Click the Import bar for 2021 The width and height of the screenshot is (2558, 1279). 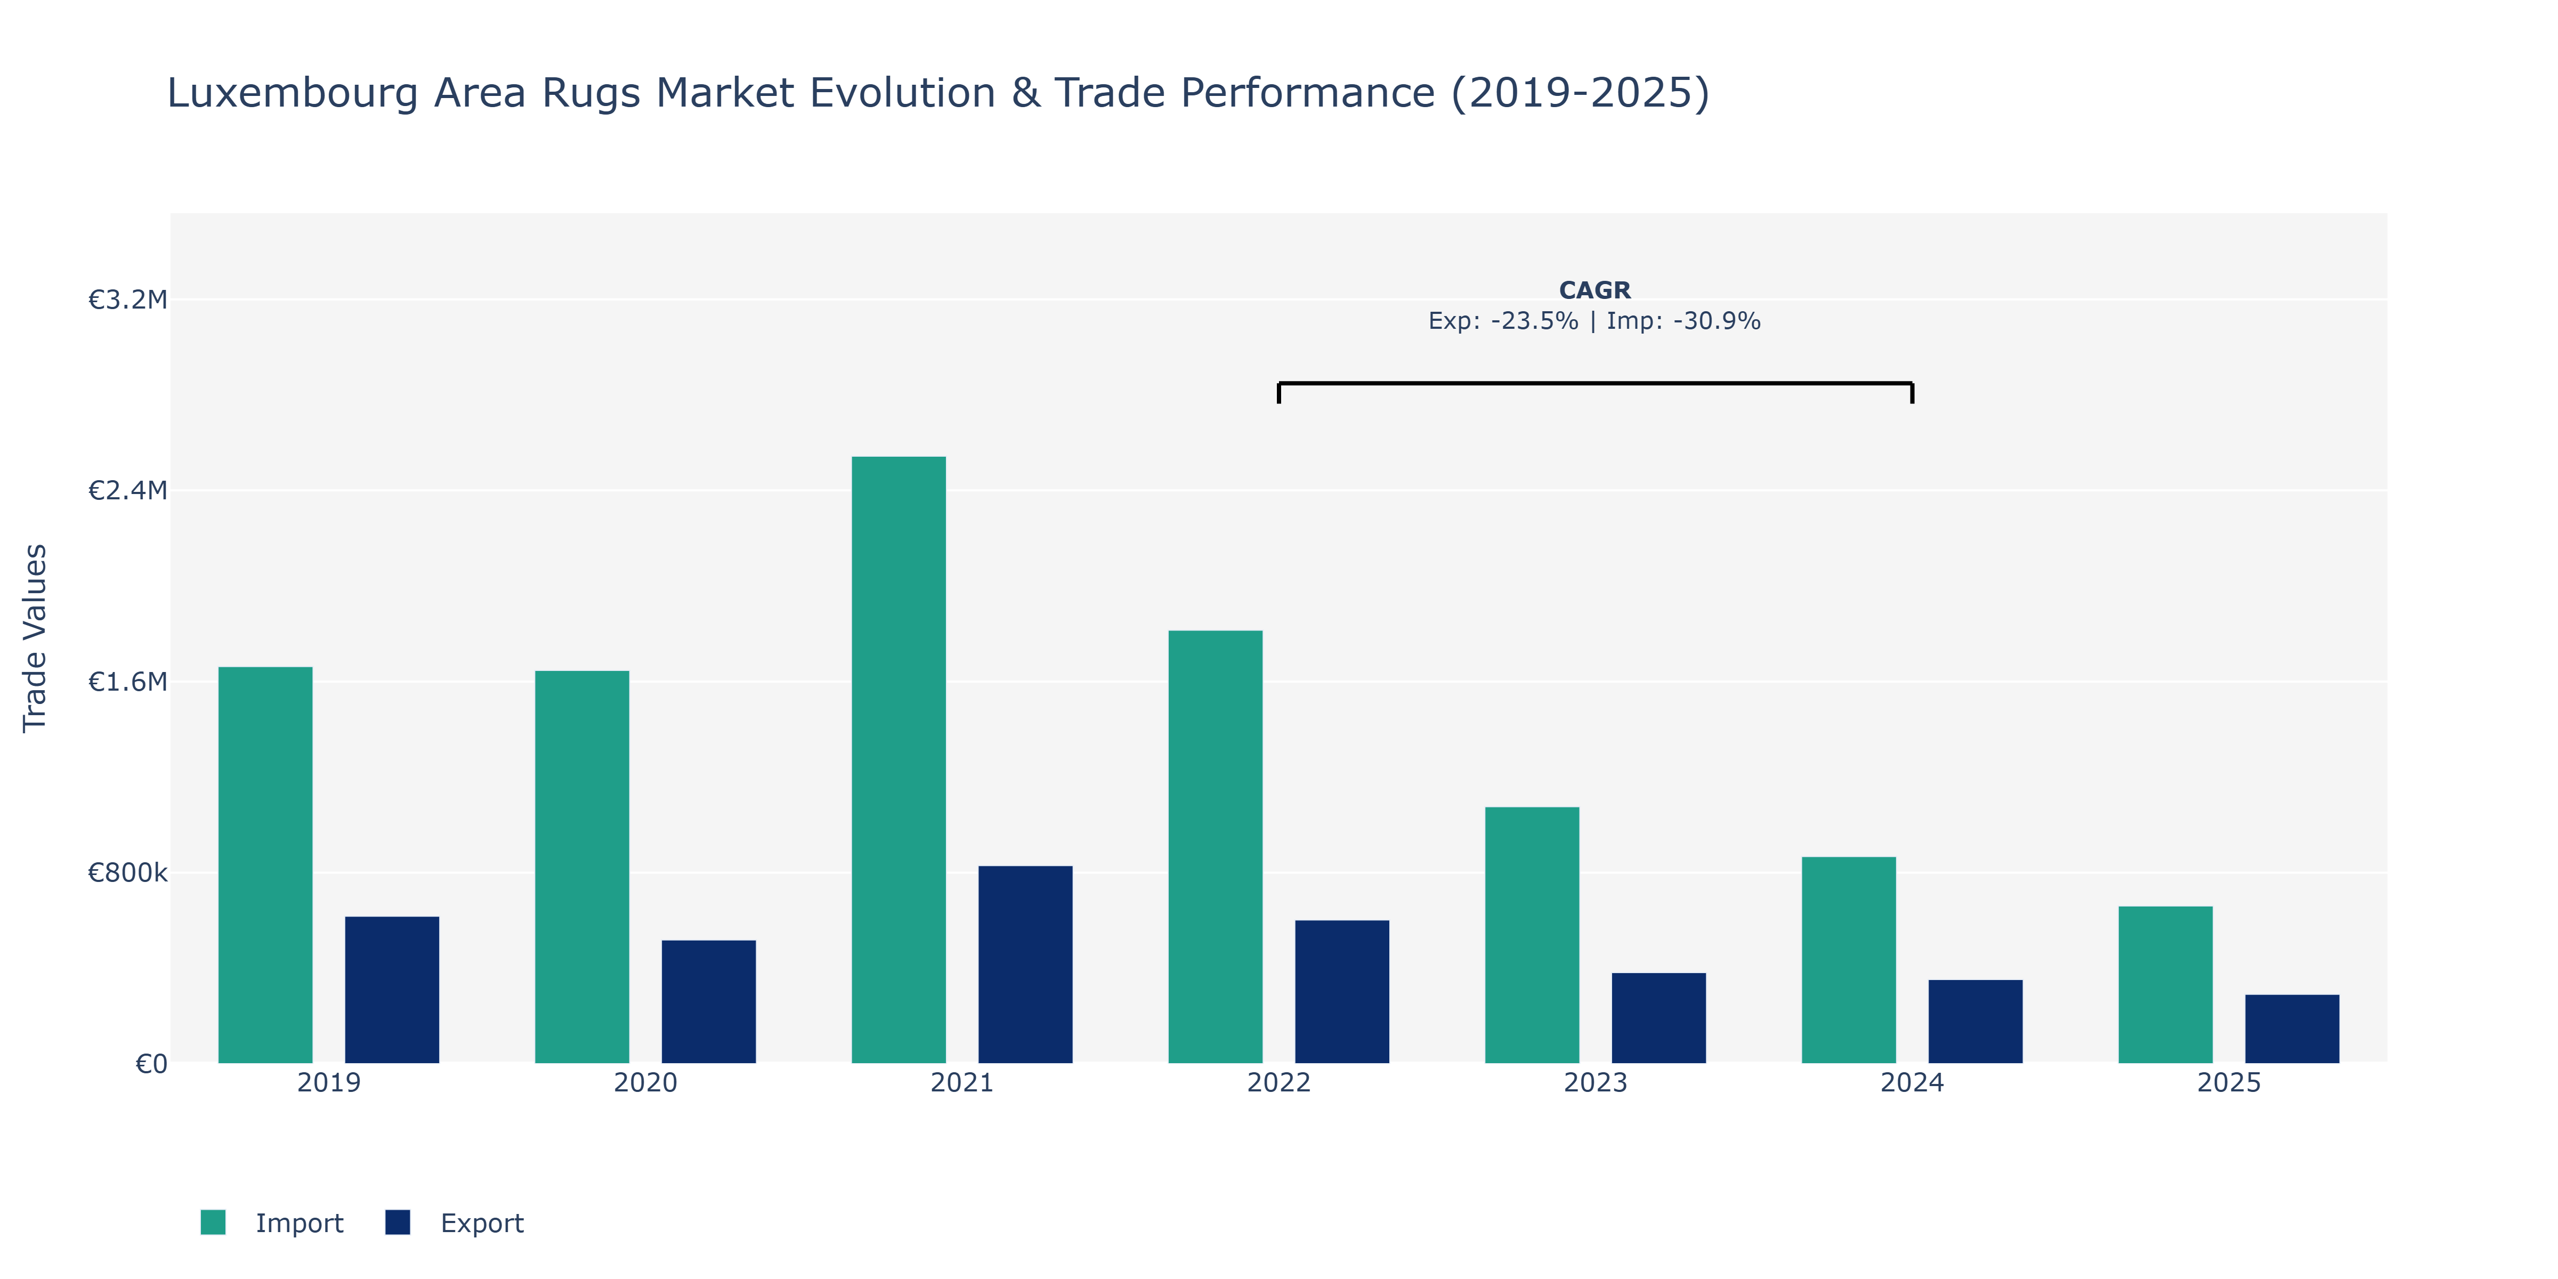(898, 759)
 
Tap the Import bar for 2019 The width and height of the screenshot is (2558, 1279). (265, 865)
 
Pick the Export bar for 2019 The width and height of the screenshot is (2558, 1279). (392, 990)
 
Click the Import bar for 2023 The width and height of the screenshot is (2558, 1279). (1532, 935)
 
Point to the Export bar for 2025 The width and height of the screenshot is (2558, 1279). (2292, 1029)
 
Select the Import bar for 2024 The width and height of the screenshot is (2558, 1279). (1849, 960)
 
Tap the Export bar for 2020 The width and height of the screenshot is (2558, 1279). (709, 1002)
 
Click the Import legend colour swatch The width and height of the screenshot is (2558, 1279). (213, 1223)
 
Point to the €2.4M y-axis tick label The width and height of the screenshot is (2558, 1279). (128, 490)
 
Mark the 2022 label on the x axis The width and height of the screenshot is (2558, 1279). (1279, 1082)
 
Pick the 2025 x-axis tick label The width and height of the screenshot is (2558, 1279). (2229, 1082)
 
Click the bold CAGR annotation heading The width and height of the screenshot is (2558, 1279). (1595, 290)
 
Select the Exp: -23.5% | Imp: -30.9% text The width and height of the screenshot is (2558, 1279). (1595, 321)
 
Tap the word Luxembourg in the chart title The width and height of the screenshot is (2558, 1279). (296, 93)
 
